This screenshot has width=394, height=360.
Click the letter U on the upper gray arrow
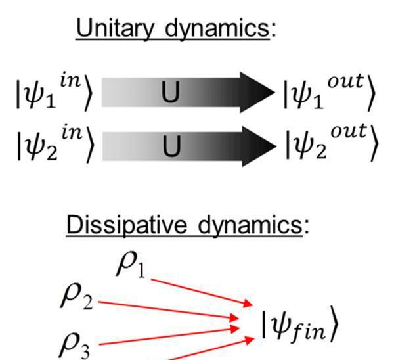171,94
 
